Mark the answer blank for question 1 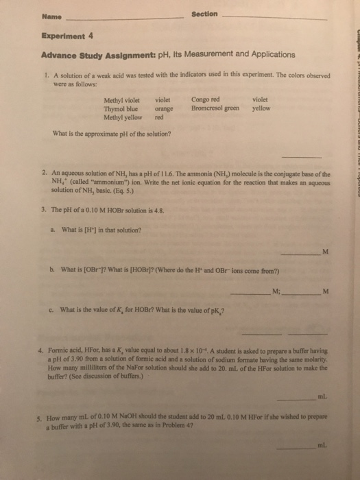click(306, 156)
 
